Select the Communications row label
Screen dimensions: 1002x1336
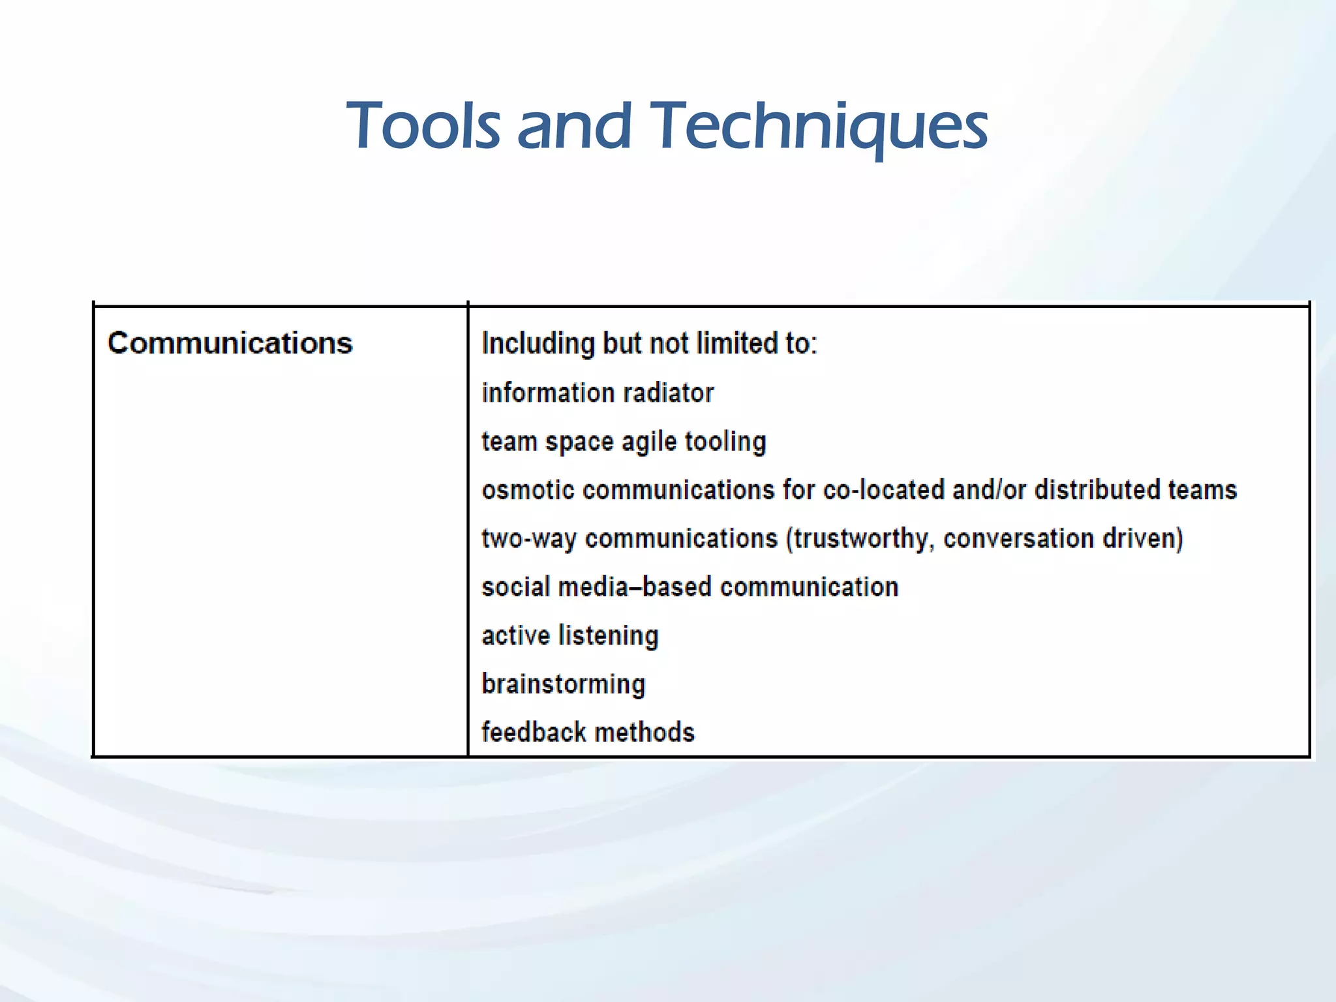[230, 343]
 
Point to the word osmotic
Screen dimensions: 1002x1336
[528, 490]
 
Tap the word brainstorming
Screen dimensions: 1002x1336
[564, 684]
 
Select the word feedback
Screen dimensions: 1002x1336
[533, 733]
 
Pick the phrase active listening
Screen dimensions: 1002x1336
[570, 635]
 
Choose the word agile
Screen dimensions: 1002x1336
[649, 442]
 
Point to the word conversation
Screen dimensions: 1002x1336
[1018, 539]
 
